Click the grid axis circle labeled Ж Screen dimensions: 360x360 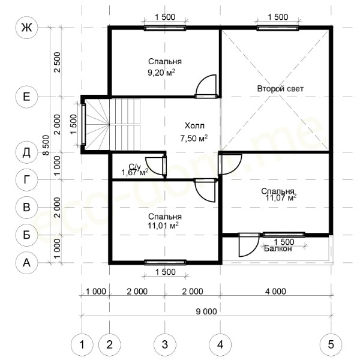26,28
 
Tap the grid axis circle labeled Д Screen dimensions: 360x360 26,152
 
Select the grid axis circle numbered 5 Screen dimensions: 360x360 331,344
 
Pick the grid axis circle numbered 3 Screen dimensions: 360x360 165,344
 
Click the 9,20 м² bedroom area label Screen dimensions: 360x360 161,73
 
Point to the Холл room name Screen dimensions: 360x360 194,126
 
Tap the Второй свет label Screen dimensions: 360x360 280,89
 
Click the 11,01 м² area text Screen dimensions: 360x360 163,226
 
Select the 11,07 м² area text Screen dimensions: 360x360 281,197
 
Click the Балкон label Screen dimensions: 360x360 278,248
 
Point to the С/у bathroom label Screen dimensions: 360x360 134,167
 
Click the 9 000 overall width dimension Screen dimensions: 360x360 206,311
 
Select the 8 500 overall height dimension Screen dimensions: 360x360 46,145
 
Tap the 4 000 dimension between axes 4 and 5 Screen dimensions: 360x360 275,292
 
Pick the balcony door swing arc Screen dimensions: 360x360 252,249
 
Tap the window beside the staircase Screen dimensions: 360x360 83,124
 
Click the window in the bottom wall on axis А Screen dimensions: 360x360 165,262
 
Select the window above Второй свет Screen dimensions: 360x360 278,28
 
